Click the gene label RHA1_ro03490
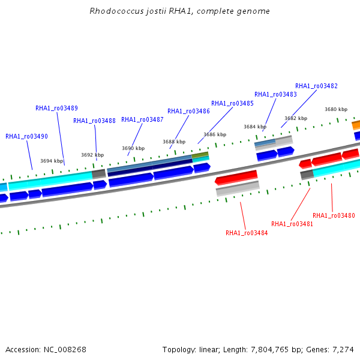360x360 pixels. (26, 136)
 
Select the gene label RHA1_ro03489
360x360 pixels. (57, 108)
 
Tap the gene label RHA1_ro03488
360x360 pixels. (94, 121)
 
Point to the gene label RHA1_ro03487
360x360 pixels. (142, 119)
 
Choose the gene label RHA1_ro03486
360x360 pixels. (188, 112)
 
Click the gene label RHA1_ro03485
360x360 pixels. (232, 104)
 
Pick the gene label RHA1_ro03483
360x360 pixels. (275, 94)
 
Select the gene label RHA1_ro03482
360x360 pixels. (316, 86)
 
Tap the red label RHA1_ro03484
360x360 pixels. (247, 233)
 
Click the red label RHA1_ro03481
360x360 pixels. (292, 224)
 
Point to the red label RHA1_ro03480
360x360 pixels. (334, 215)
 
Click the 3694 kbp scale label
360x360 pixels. (52, 161)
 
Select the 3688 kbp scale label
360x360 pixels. (174, 142)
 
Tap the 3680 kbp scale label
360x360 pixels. (336, 109)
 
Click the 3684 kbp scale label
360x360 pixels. (255, 127)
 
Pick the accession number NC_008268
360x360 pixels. (65, 350)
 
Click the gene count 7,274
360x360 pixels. (343, 350)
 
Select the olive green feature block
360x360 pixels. (200, 155)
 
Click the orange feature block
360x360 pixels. (356, 125)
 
